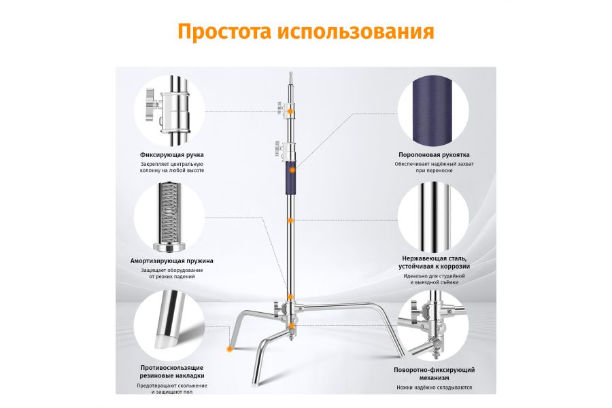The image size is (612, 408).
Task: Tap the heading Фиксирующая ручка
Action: click(172, 155)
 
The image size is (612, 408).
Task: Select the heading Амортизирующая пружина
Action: click(172, 260)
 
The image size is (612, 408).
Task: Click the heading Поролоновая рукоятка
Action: click(434, 155)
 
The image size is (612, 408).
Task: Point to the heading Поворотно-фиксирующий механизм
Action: click(434, 374)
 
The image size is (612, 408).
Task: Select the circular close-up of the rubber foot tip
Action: click(169, 323)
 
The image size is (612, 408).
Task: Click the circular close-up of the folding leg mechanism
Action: click(434, 326)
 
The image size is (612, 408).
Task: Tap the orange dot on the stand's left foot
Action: click(229, 348)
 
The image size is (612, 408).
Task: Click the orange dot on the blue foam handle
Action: click(291, 167)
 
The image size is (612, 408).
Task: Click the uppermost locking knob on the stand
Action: click(280, 106)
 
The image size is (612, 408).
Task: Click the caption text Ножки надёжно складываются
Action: click(434, 388)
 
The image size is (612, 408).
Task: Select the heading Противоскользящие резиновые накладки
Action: click(172, 371)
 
